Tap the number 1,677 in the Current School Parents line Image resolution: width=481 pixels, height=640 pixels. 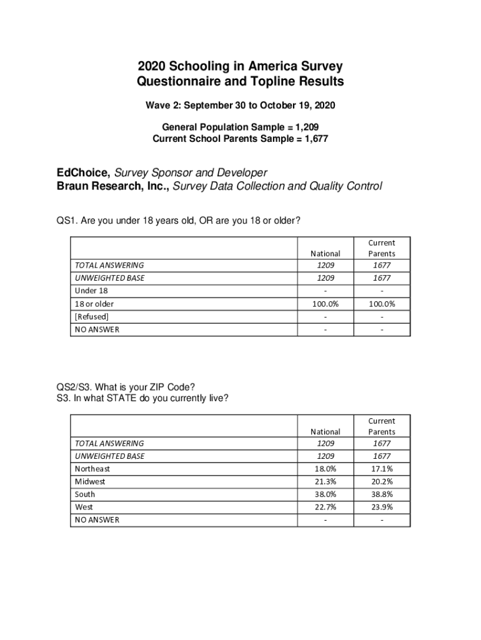314,139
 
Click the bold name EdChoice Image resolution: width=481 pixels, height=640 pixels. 81,172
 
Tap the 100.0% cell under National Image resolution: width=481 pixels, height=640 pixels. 325,304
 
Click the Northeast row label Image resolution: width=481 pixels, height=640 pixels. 92,469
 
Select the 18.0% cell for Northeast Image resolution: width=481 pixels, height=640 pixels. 325,469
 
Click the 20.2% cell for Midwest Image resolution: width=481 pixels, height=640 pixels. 381,482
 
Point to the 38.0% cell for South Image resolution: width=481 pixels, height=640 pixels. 325,494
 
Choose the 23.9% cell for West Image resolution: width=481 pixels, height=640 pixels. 381,507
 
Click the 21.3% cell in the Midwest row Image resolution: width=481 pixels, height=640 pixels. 325,482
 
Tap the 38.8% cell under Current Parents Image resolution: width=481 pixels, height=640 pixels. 381,494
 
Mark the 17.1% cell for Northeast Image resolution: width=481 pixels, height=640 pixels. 381,469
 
